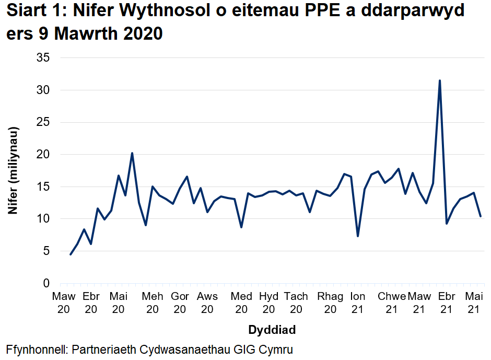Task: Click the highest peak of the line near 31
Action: (440, 80)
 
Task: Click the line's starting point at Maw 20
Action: (71, 254)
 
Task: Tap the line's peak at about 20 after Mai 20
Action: (132, 153)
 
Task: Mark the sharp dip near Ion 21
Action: (358, 236)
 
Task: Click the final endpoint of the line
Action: (481, 216)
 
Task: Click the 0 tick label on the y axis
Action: (46, 283)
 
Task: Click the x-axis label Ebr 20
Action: (91, 303)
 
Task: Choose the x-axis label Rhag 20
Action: (330, 303)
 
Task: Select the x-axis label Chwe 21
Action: (392, 303)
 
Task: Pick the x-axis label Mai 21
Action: (473, 303)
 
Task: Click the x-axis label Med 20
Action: (241, 303)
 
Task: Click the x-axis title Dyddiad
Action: (272, 330)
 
